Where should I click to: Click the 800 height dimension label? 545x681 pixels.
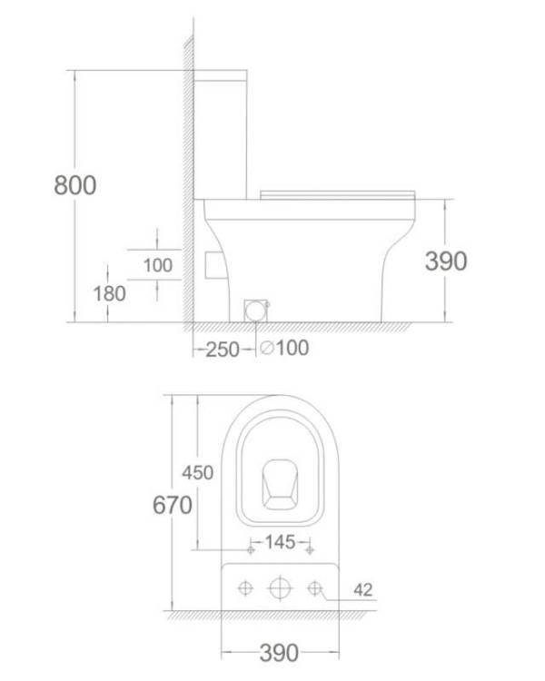point(75,185)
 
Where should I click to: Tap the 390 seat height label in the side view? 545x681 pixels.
point(446,261)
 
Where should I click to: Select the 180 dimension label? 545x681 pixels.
point(110,293)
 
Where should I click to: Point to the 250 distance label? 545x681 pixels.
point(222,350)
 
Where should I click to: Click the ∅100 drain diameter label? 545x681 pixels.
point(284,348)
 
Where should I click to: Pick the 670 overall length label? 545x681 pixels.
point(173,505)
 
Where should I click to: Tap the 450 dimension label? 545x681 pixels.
point(198,472)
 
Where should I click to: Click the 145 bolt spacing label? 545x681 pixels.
point(280,541)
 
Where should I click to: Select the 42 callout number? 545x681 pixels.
point(363,590)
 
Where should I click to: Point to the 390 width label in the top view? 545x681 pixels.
point(279,653)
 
